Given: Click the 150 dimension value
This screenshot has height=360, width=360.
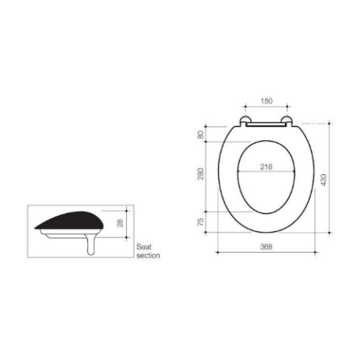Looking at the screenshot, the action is pos(266,101).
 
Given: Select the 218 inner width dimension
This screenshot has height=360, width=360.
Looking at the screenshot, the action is pos(266,166).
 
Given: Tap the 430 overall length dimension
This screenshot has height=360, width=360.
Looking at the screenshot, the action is pos(323,180).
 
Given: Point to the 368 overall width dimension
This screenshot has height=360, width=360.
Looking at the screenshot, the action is pos(266,247).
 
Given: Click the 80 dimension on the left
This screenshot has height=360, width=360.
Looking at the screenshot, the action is pos(201,135).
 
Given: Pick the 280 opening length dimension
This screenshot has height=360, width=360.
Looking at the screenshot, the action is pos(201,174).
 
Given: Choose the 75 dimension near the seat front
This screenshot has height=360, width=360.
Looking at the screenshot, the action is pos(201,222).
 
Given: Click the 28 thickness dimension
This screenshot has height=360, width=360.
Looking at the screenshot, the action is pos(121,223).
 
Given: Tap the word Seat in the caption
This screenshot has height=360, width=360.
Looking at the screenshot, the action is pos(144,247).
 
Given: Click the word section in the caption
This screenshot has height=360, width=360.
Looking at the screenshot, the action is pos(148,256).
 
